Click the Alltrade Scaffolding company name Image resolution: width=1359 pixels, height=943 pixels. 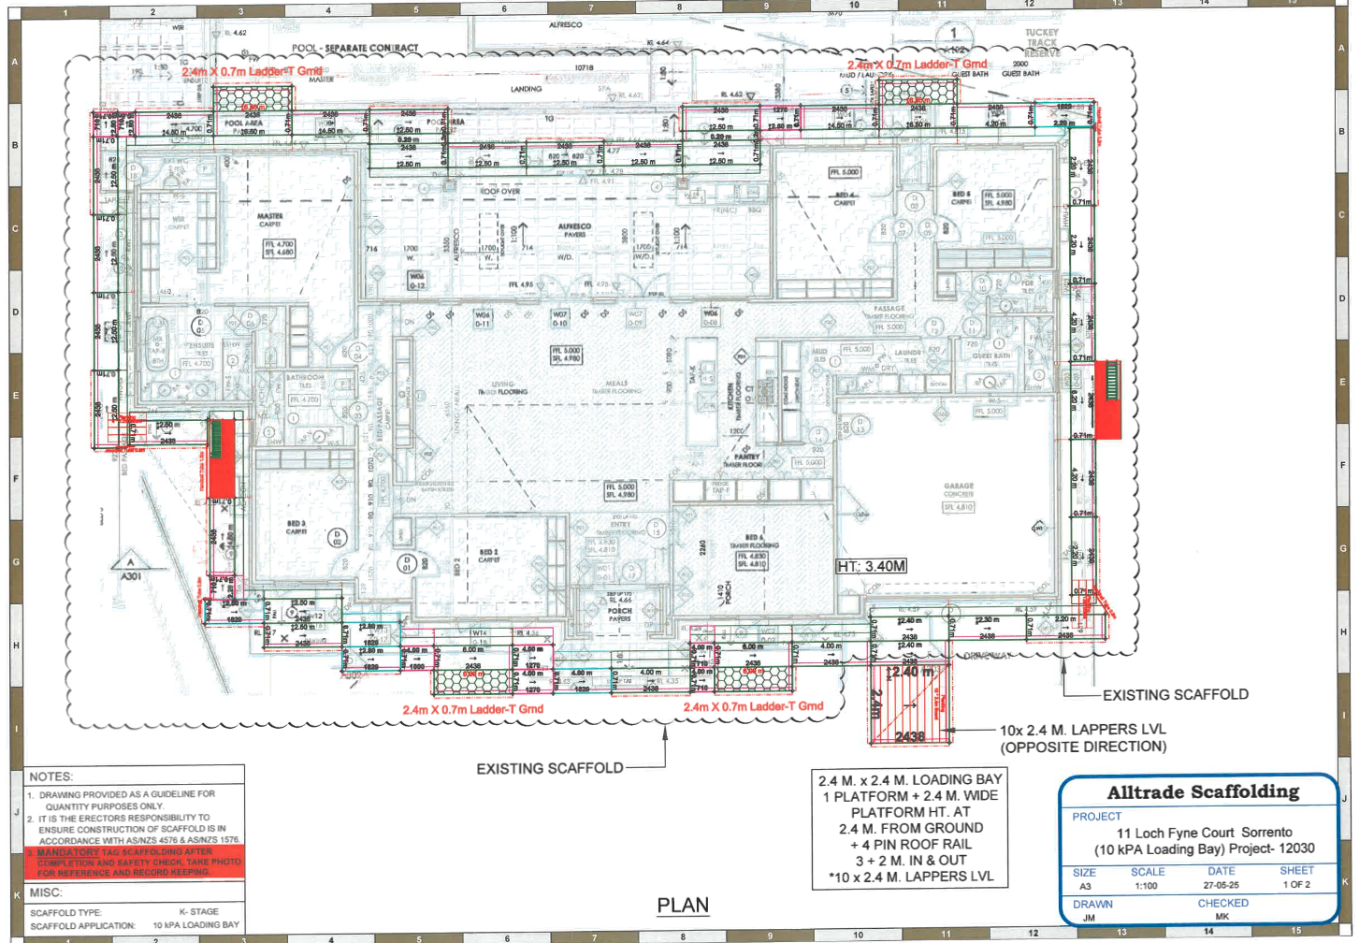pyautogui.click(x=1203, y=792)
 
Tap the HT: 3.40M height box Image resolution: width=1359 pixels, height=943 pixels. pyautogui.click(x=871, y=566)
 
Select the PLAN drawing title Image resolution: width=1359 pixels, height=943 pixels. pyautogui.click(x=683, y=905)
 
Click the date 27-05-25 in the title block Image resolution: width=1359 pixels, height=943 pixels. pyautogui.click(x=1221, y=885)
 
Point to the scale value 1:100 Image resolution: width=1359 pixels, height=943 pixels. pyautogui.click(x=1148, y=885)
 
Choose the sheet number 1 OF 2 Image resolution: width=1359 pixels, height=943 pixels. pyautogui.click(x=1296, y=884)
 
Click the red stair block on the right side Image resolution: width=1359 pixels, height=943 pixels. pyautogui.click(x=1108, y=399)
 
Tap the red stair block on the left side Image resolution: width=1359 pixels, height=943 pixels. pyautogui.click(x=222, y=458)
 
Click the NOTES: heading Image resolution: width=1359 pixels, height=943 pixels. pyautogui.click(x=51, y=776)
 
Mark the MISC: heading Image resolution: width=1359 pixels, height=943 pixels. pyautogui.click(x=46, y=892)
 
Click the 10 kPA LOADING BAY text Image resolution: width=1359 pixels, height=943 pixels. pyautogui.click(x=195, y=925)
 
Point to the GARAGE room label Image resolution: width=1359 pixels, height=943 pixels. pyautogui.click(x=959, y=486)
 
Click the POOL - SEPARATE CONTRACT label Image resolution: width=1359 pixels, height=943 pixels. pyautogui.click(x=355, y=48)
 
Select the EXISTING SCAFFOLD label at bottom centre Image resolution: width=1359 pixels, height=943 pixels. pyautogui.click(x=549, y=769)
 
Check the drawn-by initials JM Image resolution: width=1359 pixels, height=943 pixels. pyautogui.click(x=1089, y=918)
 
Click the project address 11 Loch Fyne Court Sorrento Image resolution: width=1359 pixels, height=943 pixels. pyautogui.click(x=1204, y=833)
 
